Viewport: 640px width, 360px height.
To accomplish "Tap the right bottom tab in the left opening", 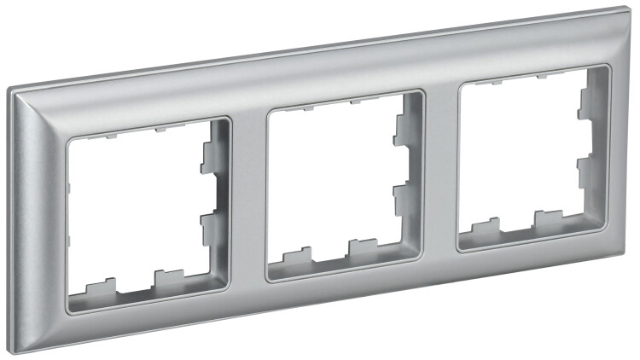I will click(168, 276).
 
